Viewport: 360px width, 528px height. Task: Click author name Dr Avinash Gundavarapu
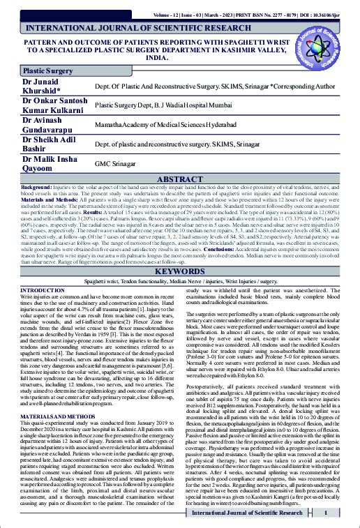(x=52, y=123)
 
